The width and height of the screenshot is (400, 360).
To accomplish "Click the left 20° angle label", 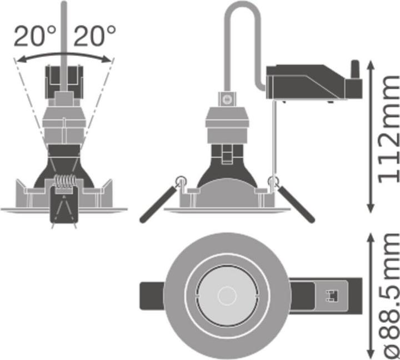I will pyautogui.click(x=34, y=37).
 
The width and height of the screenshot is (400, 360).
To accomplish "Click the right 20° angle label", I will pyautogui.click(x=94, y=37).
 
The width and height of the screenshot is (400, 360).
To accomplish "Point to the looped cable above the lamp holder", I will pyautogui.click(x=243, y=33).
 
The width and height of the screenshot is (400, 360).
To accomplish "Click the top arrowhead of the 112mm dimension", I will pyautogui.click(x=371, y=63).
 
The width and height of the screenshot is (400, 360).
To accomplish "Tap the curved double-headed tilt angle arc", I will pyautogui.click(x=64, y=54).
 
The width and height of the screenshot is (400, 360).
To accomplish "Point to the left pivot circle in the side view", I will pyautogui.click(x=180, y=181).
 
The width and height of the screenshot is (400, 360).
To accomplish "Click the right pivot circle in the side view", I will pyautogui.click(x=273, y=181).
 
